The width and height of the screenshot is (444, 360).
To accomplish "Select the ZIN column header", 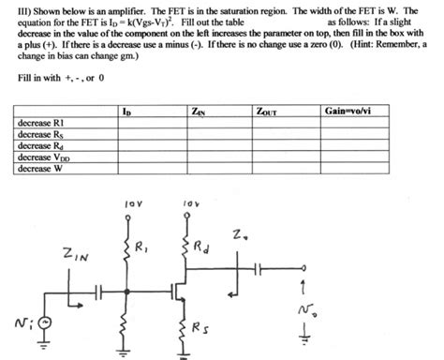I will pyautogui.click(x=198, y=112).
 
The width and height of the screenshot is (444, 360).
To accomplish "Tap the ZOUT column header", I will pyautogui.click(x=266, y=112).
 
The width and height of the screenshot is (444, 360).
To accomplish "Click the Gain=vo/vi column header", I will pyautogui.click(x=348, y=112).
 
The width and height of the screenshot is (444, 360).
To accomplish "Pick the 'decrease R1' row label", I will pyautogui.click(x=39, y=124).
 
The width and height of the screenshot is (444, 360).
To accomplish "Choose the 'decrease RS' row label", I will pyautogui.click(x=39, y=135).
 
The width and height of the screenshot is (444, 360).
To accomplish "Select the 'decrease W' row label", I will pyautogui.click(x=38, y=169).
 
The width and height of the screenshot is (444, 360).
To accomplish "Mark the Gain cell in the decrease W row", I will pyautogui.click(x=362, y=169).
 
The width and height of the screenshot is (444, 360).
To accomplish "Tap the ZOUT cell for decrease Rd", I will pyautogui.click(x=284, y=146).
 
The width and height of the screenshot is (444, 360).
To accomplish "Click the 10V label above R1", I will pyautogui.click(x=130, y=201).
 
